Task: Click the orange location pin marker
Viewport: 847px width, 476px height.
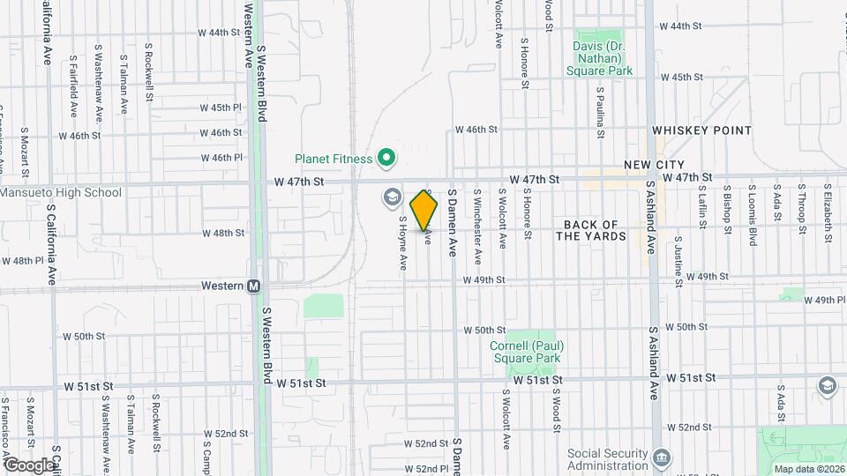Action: coord(424,210)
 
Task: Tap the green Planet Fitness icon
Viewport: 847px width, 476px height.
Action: coord(386,159)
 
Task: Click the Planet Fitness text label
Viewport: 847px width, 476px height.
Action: coord(333,159)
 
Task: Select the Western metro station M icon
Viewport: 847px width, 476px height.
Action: coord(253,286)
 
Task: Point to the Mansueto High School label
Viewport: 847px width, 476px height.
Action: coord(61,192)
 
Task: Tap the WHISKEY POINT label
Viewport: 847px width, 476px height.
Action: coord(701,130)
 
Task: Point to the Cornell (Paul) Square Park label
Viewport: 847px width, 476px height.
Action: coord(528,352)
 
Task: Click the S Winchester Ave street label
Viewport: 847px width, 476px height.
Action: coord(478,226)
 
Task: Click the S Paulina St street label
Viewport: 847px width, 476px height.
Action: coord(600,112)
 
